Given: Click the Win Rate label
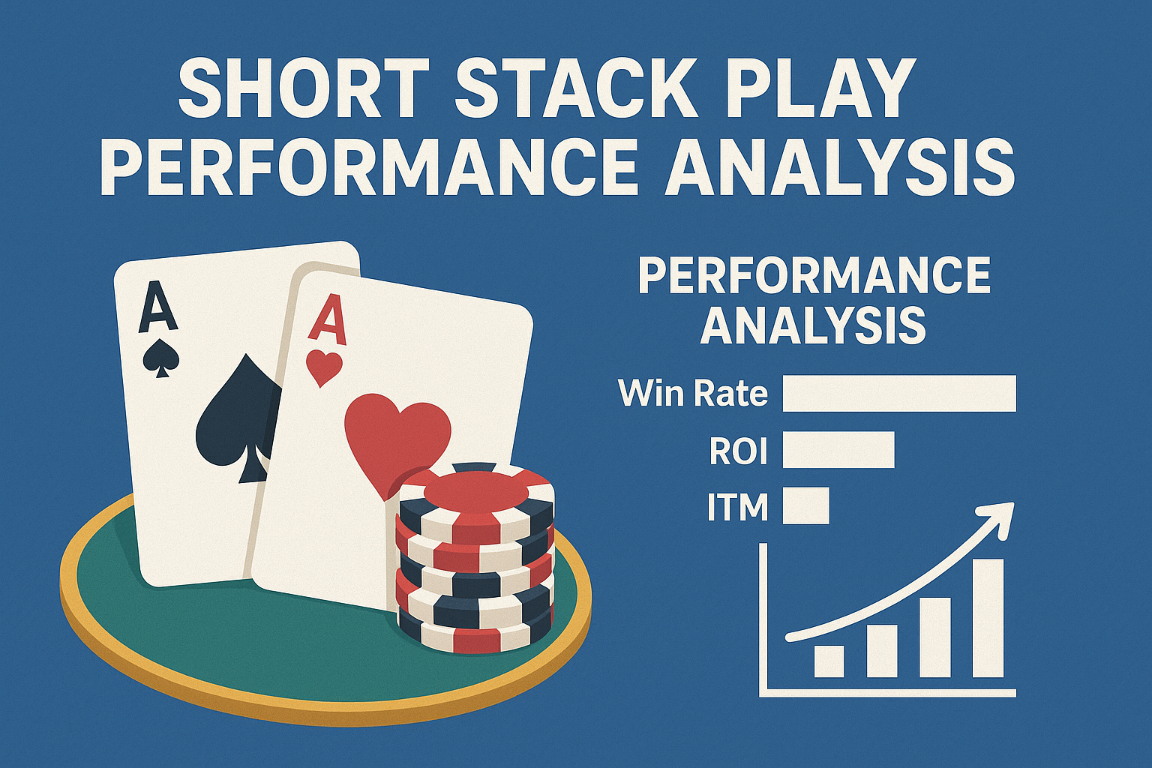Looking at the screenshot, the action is [693, 394].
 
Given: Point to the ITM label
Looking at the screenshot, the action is [737, 506].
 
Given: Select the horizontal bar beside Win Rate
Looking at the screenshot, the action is [899, 394].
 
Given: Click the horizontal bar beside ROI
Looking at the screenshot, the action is [838, 449].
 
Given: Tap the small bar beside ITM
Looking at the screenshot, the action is [806, 505].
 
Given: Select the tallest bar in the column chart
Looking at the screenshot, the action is [988, 618].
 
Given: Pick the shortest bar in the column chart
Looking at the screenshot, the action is [829, 661].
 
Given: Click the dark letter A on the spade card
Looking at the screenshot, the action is [157, 306].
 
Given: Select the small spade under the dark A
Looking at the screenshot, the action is [161, 358].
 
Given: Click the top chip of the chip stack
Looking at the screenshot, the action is [475, 496].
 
